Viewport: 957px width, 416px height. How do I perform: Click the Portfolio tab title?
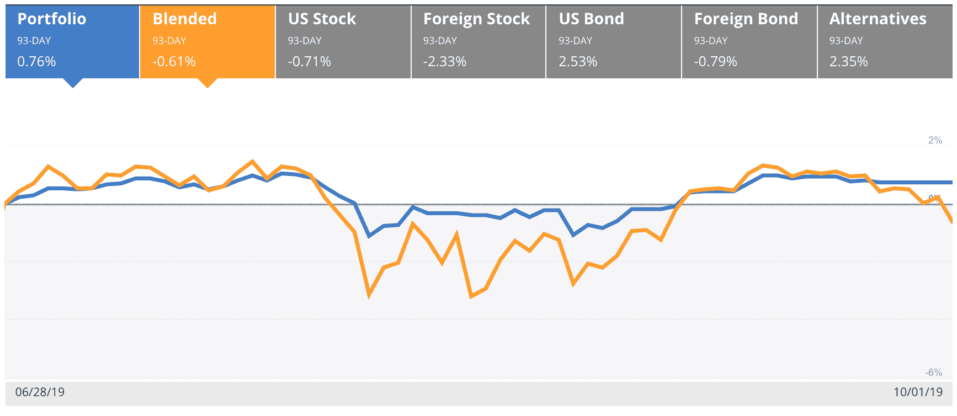(x=52, y=19)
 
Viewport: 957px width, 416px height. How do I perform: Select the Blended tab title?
(x=185, y=19)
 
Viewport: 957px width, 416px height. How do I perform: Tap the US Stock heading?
(x=322, y=19)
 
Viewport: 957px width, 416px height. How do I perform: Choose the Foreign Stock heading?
(x=477, y=19)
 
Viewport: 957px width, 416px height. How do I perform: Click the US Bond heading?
(x=592, y=19)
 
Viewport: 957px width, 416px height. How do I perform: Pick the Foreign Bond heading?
(x=746, y=19)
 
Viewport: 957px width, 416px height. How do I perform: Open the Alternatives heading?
(x=878, y=19)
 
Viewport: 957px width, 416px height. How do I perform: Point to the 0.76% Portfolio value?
(x=36, y=61)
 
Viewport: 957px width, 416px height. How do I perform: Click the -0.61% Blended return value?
(x=174, y=61)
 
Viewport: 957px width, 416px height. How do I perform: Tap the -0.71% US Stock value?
(x=310, y=61)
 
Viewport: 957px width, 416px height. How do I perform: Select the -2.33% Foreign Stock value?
(x=445, y=61)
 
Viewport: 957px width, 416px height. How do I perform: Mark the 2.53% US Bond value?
(x=578, y=61)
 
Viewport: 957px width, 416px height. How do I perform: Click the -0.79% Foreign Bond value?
(x=716, y=61)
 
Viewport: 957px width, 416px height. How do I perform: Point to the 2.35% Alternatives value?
(x=849, y=61)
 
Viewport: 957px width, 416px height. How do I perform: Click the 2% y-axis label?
(x=935, y=140)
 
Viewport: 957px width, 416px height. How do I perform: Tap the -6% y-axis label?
(x=934, y=372)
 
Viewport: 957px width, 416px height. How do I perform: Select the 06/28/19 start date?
(x=40, y=392)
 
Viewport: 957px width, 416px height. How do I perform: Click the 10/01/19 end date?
(x=918, y=392)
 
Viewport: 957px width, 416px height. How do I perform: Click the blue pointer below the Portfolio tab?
(x=73, y=82)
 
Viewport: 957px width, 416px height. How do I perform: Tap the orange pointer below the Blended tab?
(x=208, y=82)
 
